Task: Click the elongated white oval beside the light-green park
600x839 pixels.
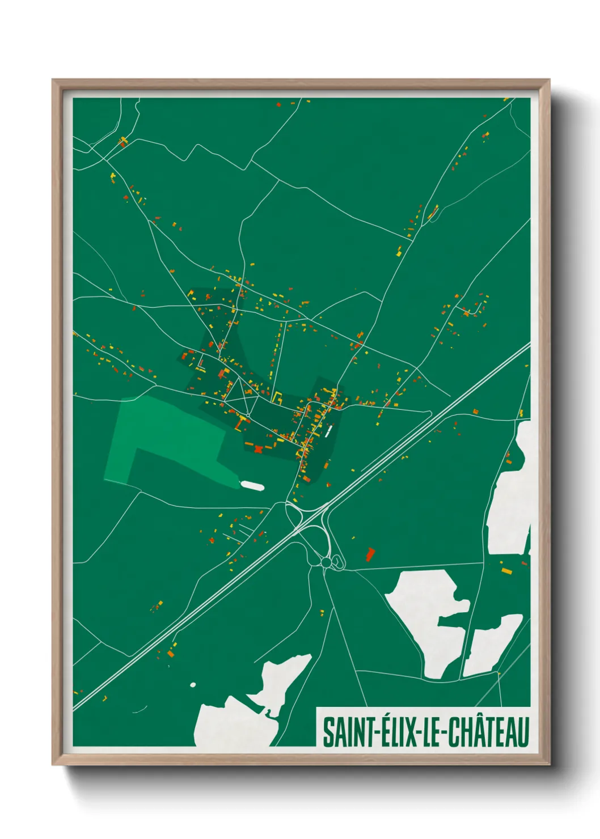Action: (x=252, y=485)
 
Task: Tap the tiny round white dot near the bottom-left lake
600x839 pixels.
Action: (x=193, y=685)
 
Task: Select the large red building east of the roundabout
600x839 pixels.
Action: (x=370, y=553)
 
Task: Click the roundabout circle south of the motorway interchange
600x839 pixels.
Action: (x=326, y=561)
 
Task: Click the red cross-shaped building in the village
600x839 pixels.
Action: (x=259, y=450)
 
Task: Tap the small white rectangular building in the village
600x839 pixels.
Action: (x=328, y=432)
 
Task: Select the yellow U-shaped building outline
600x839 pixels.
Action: (x=278, y=396)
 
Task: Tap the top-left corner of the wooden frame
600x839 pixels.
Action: (x=53, y=80)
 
